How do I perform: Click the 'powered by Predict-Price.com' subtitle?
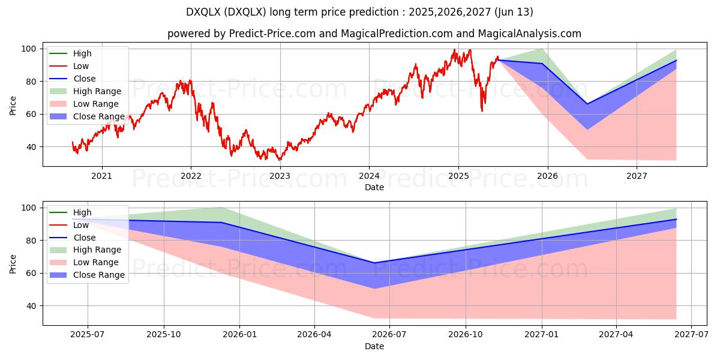[x=374, y=34]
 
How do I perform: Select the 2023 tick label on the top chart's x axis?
[x=280, y=176]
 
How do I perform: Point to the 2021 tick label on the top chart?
[x=101, y=176]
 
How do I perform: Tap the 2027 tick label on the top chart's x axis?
[x=637, y=176]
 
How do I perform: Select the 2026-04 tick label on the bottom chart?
[x=314, y=335]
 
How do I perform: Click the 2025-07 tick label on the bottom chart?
[x=88, y=335]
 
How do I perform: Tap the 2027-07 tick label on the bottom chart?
[x=691, y=335]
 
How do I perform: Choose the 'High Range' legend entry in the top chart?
[x=97, y=91]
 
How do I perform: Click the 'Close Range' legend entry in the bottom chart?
[x=98, y=275]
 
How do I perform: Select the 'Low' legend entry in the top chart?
[x=81, y=66]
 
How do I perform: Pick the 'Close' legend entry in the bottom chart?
[x=84, y=238]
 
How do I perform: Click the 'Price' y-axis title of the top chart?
[x=13, y=106]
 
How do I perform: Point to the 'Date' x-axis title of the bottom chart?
[x=374, y=346]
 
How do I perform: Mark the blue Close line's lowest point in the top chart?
[x=587, y=104]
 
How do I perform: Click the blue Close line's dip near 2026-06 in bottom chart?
[x=374, y=263]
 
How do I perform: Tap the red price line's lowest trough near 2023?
[x=279, y=160]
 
